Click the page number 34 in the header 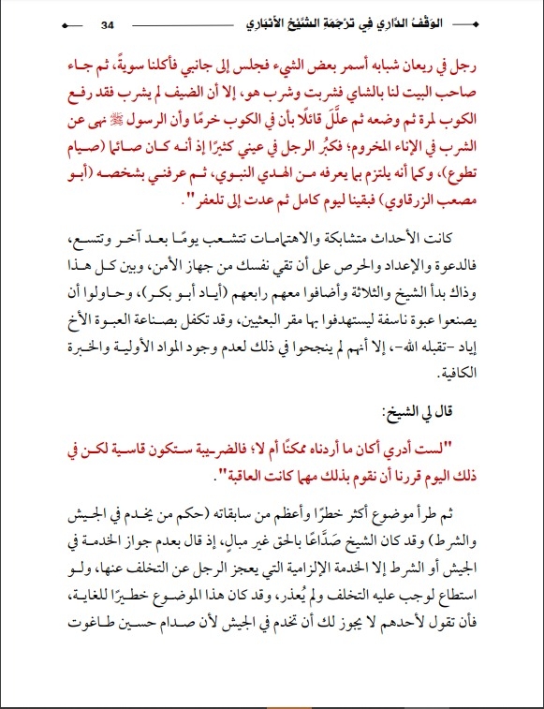(x=106, y=22)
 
